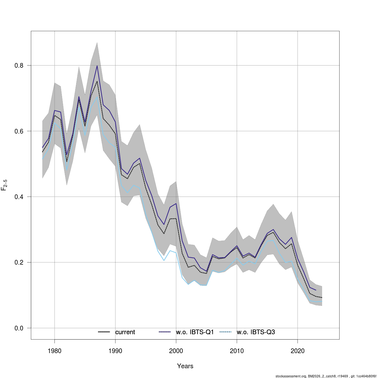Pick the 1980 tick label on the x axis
click(x=54, y=351)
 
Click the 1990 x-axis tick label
click(x=115, y=351)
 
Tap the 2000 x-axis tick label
click(x=176, y=351)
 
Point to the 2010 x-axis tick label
click(x=237, y=351)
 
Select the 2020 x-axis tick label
click(x=298, y=351)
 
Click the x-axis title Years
click(x=185, y=366)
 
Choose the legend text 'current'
click(x=125, y=332)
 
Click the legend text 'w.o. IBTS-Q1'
click(x=195, y=332)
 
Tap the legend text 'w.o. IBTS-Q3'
click(x=256, y=332)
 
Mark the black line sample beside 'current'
click(x=104, y=332)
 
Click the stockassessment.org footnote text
click(x=326, y=376)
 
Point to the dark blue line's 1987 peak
click(x=97, y=66)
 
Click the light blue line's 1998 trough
click(x=164, y=261)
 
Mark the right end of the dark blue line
click(x=316, y=290)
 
